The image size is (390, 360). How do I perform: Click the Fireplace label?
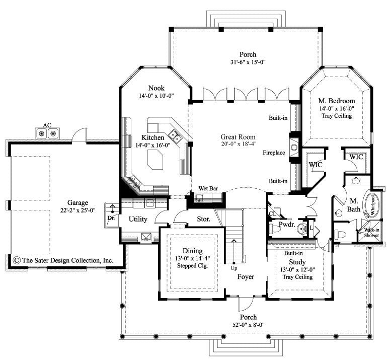[274, 152]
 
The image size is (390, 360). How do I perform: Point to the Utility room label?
[137, 219]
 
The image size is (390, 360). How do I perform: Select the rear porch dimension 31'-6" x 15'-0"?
[248, 62]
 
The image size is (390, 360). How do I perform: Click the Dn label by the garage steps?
[111, 218]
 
